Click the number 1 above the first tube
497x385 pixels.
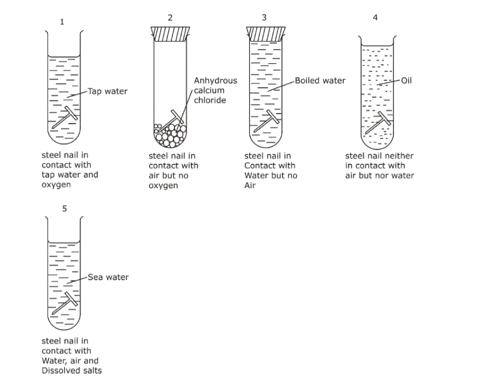(63, 22)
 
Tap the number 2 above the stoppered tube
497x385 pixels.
(170, 17)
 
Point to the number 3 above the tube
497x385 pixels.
(264, 17)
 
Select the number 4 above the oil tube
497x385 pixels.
(376, 17)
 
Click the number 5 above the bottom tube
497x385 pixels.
(64, 209)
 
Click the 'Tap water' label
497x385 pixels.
(108, 91)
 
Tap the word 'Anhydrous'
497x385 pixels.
(215, 81)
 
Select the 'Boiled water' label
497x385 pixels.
(320, 81)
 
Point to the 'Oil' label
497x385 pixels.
(407, 81)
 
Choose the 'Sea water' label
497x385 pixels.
(108, 277)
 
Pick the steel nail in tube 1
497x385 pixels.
(65, 117)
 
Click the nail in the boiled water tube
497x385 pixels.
(266, 121)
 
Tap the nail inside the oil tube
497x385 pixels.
(380, 123)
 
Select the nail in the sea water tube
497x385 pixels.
(67, 303)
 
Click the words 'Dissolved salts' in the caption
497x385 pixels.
(72, 371)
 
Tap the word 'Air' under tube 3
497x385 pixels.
(250, 186)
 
